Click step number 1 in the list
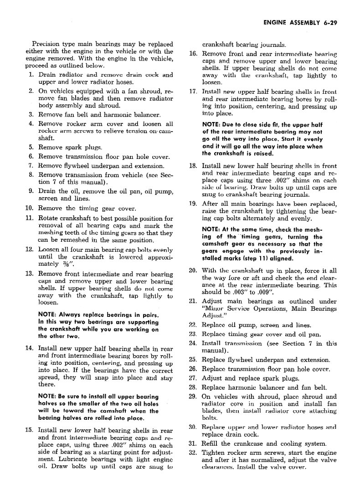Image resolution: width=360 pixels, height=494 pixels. coord(31,75)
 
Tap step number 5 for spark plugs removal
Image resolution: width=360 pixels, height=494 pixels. coord(31,147)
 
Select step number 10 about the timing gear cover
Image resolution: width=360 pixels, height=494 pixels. coord(29,208)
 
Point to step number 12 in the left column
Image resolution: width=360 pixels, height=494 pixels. coord(29,250)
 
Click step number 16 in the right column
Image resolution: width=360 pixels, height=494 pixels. coord(193,54)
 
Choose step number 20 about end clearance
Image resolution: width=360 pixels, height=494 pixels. coord(193,270)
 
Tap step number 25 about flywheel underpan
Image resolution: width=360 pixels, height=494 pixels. coord(193,360)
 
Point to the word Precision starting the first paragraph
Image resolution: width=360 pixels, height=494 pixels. coord(44,45)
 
